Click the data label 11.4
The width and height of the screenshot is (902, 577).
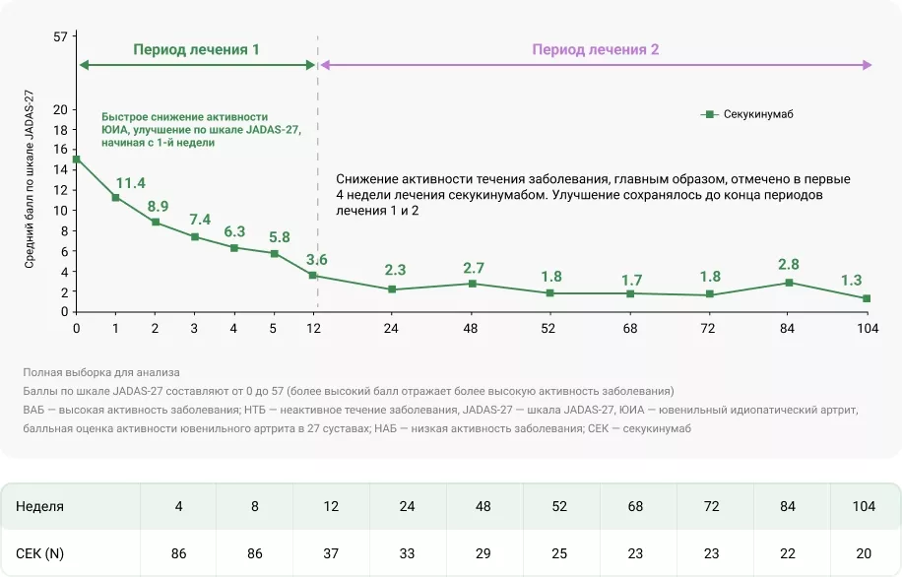tap(130, 183)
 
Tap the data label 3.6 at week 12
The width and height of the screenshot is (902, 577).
tap(317, 260)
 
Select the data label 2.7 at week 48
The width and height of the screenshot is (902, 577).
tap(473, 269)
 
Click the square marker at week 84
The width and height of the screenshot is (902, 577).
tap(788, 283)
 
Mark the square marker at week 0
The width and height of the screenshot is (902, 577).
tap(76, 159)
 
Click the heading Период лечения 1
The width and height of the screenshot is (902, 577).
tap(197, 48)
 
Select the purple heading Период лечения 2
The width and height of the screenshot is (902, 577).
tap(596, 48)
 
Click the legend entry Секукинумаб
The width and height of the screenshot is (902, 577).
tap(757, 114)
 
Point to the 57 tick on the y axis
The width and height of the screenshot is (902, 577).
tap(60, 37)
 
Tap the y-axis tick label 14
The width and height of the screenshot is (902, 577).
tap(60, 169)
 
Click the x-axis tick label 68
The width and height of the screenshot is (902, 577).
tap(630, 329)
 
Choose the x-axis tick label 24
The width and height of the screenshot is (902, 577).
tap(391, 329)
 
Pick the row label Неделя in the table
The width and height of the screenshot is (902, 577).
tap(40, 506)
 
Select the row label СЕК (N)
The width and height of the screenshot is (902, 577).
tap(40, 553)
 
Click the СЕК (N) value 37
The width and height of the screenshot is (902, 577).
tap(331, 553)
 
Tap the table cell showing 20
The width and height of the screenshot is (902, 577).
tap(864, 553)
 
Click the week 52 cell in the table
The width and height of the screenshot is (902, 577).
tap(560, 506)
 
